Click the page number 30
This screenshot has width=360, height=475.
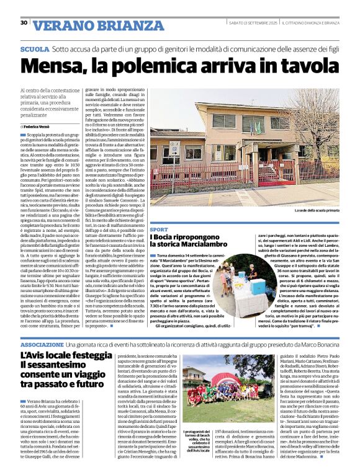coord(24,23)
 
